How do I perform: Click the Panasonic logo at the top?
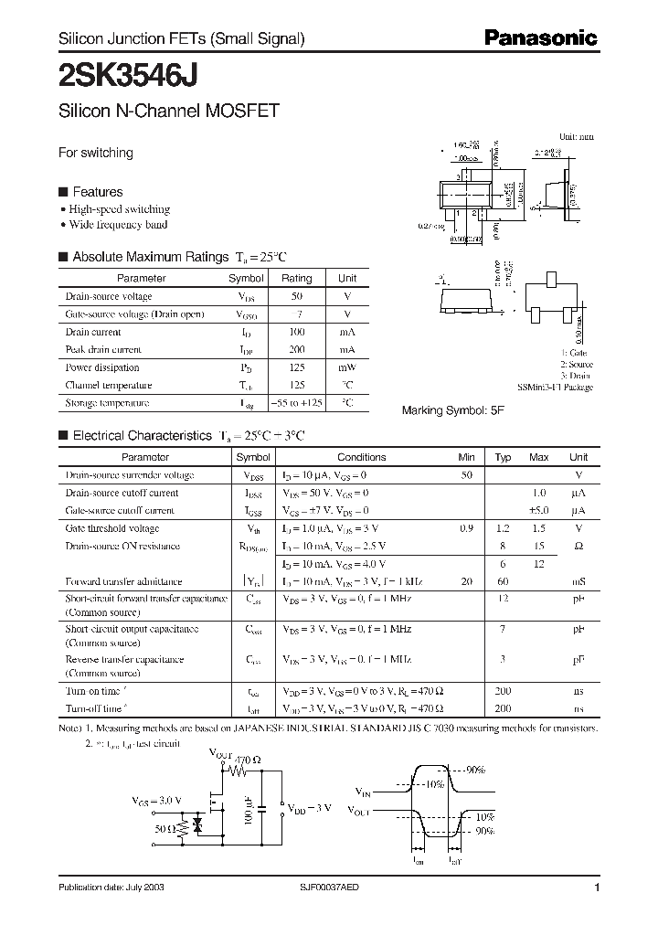tap(540, 38)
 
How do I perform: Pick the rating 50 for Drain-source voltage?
tap(296, 297)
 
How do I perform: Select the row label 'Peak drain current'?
tap(103, 350)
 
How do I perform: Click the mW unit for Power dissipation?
tap(347, 368)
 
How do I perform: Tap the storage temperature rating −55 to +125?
tap(296, 403)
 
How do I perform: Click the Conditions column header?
tap(361, 457)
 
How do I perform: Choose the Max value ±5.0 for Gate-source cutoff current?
tap(538, 511)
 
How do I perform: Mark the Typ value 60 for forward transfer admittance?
tap(503, 581)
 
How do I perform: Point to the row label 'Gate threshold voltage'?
tap(111, 528)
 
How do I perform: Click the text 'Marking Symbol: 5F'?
tap(452, 411)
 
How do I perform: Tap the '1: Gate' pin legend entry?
tap(574, 353)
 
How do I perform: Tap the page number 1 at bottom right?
tap(597, 888)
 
